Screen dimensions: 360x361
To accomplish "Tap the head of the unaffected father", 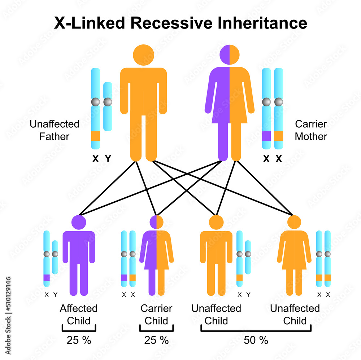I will click(143, 54).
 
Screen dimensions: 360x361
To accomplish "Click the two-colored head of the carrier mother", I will click(230, 54).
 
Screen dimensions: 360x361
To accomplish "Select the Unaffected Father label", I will click(55, 130).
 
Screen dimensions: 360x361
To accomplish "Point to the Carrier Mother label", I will click(311, 130).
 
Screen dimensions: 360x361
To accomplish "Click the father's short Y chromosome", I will click(108, 106).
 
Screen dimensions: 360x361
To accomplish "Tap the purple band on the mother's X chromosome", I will click(266, 136).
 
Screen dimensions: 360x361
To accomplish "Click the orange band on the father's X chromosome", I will click(95, 136).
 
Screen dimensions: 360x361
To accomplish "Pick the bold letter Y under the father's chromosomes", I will click(108, 158).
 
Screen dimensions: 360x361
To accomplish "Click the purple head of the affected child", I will click(79, 222).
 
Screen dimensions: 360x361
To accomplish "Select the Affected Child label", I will click(79, 315).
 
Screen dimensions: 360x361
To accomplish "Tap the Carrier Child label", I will click(156, 315).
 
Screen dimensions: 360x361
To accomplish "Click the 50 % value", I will click(256, 340).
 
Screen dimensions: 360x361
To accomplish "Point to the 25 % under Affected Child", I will click(79, 340).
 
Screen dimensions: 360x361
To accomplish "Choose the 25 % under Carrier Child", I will click(156, 340).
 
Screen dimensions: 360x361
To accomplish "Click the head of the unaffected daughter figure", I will click(294, 222).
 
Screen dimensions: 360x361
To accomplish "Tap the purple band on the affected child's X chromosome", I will click(47, 278).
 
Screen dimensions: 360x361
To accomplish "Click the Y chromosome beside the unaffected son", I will click(248, 257).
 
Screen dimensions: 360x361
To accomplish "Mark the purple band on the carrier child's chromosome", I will click(124, 278).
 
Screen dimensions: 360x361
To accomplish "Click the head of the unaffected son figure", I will click(216, 222).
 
